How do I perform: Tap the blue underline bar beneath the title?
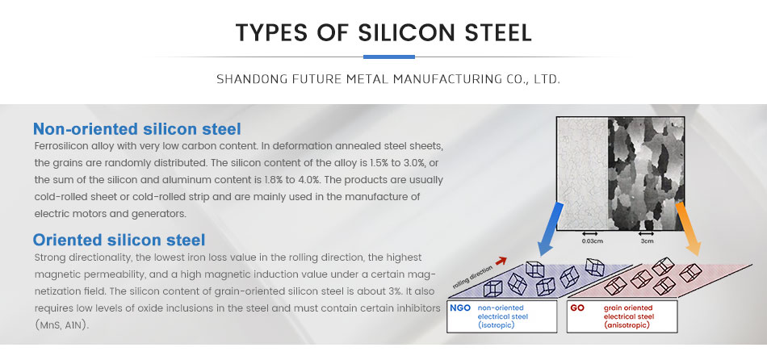pyautogui.click(x=389, y=57)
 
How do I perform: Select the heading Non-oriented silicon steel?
pyautogui.click(x=137, y=129)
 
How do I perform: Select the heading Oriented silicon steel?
pyautogui.click(x=119, y=240)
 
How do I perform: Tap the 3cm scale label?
pyautogui.click(x=648, y=241)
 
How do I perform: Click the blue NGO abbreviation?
pyautogui.click(x=460, y=308)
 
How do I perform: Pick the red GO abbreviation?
pyautogui.click(x=577, y=308)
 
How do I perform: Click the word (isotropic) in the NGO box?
pyautogui.click(x=496, y=324)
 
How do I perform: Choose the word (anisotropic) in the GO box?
pyautogui.click(x=627, y=324)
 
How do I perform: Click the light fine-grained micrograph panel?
pyautogui.click(x=582, y=174)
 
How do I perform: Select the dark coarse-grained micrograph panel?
pyautogui.click(x=646, y=174)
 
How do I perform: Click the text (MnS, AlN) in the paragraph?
pyautogui.click(x=62, y=324)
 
